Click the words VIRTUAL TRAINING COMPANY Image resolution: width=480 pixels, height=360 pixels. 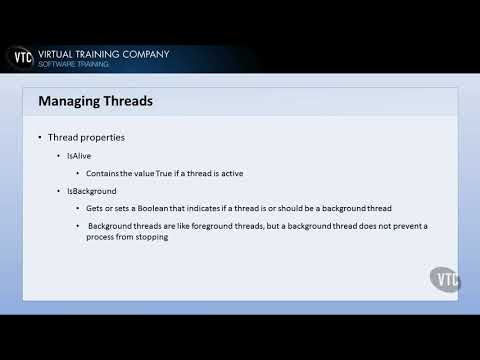coord(103,53)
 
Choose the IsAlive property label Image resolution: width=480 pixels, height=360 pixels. coord(81,156)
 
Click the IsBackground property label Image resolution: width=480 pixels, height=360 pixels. coord(92,190)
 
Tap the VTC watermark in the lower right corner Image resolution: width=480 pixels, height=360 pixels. coord(444,279)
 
